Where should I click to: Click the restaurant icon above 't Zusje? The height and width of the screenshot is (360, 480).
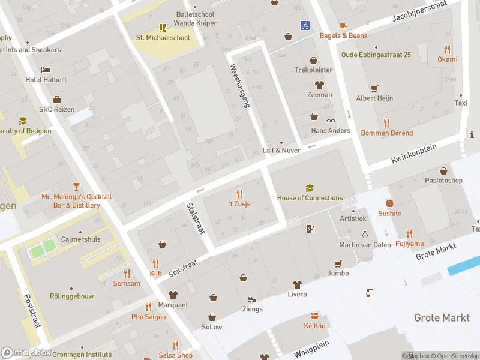point(239,193)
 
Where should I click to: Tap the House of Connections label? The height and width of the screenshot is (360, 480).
point(310,198)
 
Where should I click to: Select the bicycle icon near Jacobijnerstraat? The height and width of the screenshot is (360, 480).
point(305,25)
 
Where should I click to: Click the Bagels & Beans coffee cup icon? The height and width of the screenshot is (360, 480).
point(343,26)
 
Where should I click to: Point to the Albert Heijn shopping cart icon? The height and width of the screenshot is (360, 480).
point(374,88)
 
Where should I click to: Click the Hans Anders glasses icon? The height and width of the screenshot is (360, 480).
point(331,120)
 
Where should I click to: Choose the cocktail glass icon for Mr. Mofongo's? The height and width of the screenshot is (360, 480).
point(76,187)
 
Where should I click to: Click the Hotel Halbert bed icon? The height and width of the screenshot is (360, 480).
point(46,70)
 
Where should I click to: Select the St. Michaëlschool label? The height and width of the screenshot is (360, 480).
point(163,38)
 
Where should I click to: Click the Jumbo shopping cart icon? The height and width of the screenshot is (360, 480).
point(338,263)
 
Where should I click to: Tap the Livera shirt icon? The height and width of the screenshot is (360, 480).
point(296,284)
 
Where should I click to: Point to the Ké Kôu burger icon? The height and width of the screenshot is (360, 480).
point(314,316)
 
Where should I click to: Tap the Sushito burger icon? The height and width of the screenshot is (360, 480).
point(389,203)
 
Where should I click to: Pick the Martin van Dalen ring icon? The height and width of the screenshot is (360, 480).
point(364,235)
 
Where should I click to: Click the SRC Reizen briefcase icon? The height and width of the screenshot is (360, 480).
point(56,100)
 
